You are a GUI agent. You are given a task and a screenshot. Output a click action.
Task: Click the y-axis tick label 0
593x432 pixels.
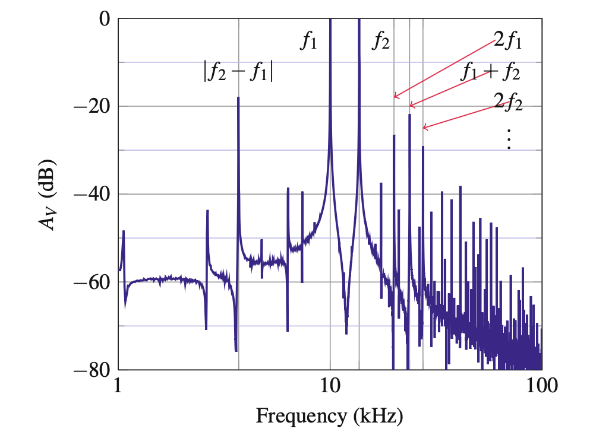[x=105, y=19]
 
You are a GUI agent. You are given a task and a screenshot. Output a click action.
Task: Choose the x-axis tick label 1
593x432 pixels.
[x=119, y=388]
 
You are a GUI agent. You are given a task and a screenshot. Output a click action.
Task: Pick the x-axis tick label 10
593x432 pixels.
[x=330, y=388]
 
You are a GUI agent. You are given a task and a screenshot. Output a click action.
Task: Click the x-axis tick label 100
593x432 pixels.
[x=541, y=388]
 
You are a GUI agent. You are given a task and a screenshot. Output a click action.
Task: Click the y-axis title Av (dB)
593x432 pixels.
[x=48, y=195]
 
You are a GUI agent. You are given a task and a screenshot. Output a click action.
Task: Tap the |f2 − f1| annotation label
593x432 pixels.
[x=238, y=72]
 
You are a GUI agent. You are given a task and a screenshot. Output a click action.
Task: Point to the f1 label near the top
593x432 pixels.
[x=308, y=42]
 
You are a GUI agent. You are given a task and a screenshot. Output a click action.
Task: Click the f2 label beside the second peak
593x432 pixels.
[x=381, y=42]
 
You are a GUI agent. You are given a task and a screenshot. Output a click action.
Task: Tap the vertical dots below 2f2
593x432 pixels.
[x=509, y=139]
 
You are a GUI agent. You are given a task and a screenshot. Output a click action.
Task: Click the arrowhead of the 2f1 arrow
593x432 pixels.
[x=395, y=97]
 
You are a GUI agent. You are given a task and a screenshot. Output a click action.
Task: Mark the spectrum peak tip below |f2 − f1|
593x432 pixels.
[x=238, y=98]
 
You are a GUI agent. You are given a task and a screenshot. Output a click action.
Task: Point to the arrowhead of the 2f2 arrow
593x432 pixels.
[x=424, y=127]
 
